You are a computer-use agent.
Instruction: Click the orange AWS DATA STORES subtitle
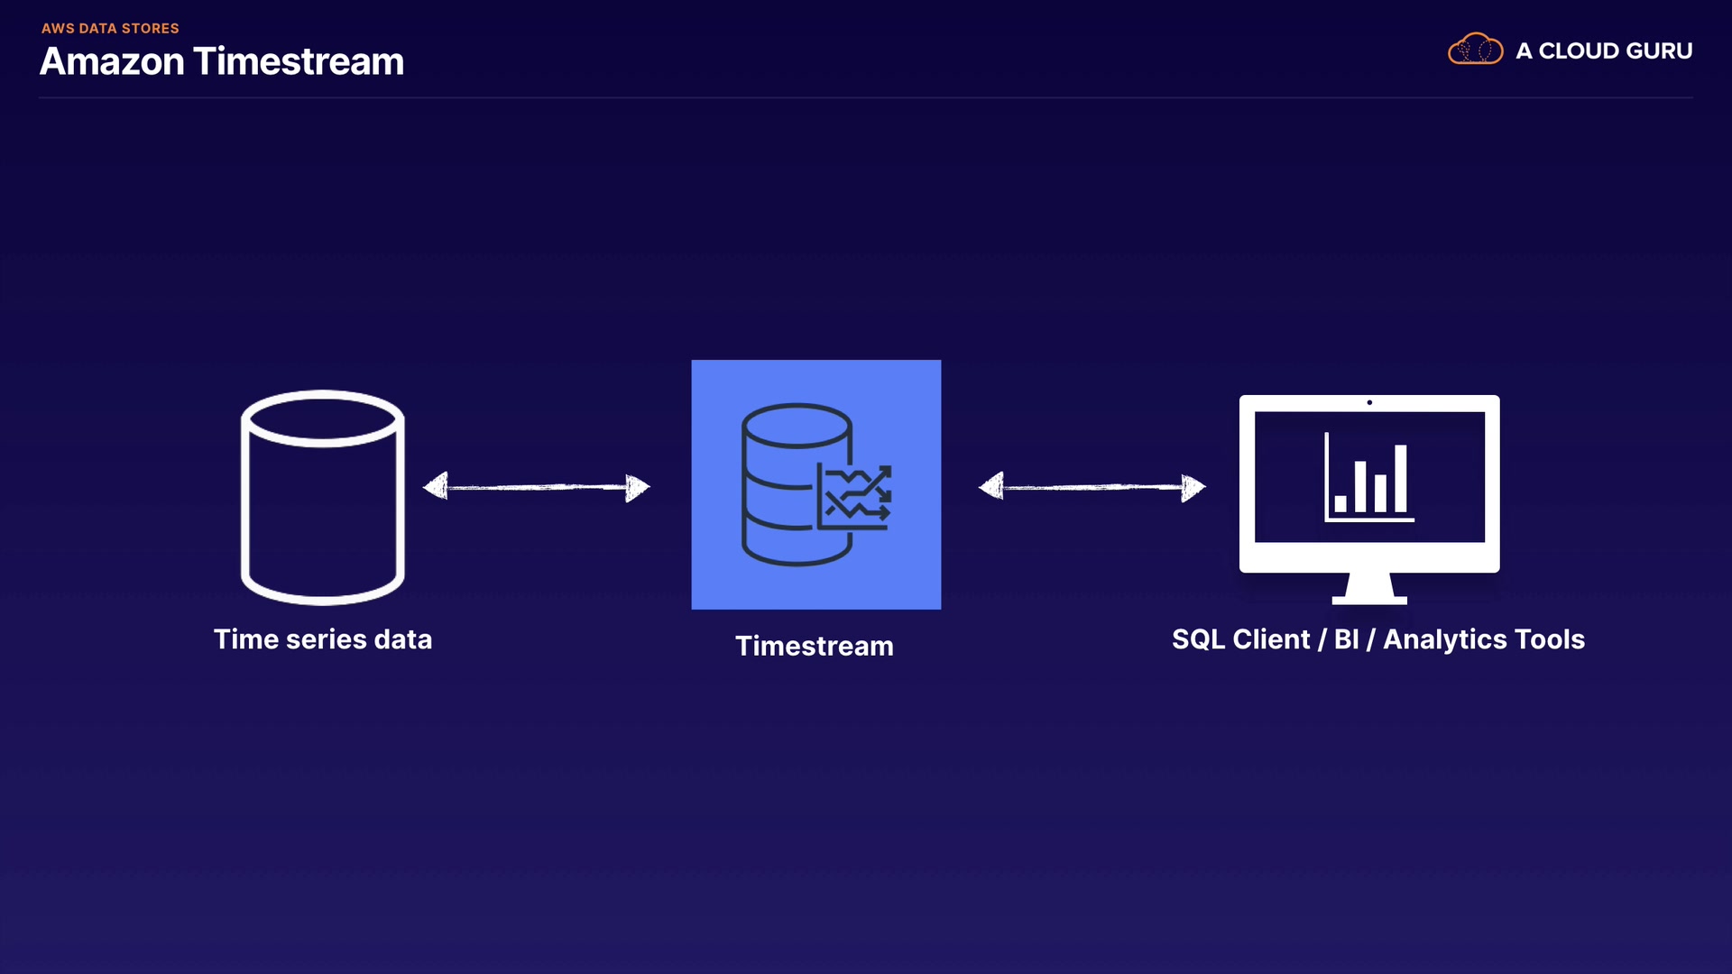pos(110,28)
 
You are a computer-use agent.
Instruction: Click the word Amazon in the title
pos(113,61)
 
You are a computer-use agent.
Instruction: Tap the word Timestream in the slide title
pos(299,61)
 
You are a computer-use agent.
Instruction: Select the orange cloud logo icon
pos(1475,49)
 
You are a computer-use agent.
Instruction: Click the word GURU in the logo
pos(1655,51)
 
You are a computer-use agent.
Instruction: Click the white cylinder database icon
pos(323,497)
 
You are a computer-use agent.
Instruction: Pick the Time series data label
pos(323,639)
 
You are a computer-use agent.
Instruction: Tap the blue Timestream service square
pos(816,484)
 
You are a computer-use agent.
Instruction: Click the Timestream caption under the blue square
pos(815,646)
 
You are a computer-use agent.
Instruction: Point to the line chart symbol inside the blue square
pos(854,496)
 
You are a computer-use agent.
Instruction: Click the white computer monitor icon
pos(1369,499)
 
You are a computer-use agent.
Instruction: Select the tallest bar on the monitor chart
pos(1401,478)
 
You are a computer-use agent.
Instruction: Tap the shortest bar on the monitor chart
pos(1340,503)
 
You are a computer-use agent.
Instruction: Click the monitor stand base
pos(1369,599)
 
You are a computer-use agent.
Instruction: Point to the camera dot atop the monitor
pos(1369,402)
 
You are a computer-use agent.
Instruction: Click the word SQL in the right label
pos(1199,639)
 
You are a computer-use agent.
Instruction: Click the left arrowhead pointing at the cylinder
pos(436,486)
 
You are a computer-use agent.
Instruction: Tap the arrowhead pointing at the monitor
pos(1193,487)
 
